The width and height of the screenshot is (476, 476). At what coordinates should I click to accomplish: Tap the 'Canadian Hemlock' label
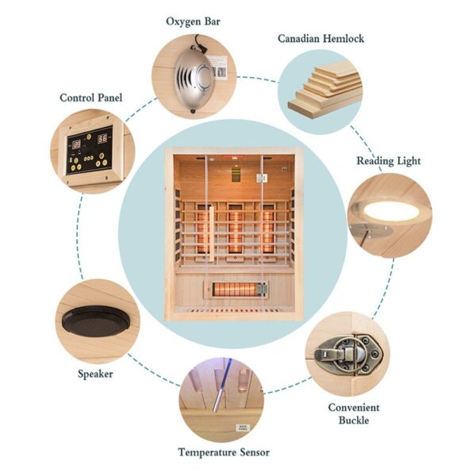321,38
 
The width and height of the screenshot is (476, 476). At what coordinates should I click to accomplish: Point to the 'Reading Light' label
388,161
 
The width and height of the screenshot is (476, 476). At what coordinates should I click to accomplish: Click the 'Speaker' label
96,374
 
